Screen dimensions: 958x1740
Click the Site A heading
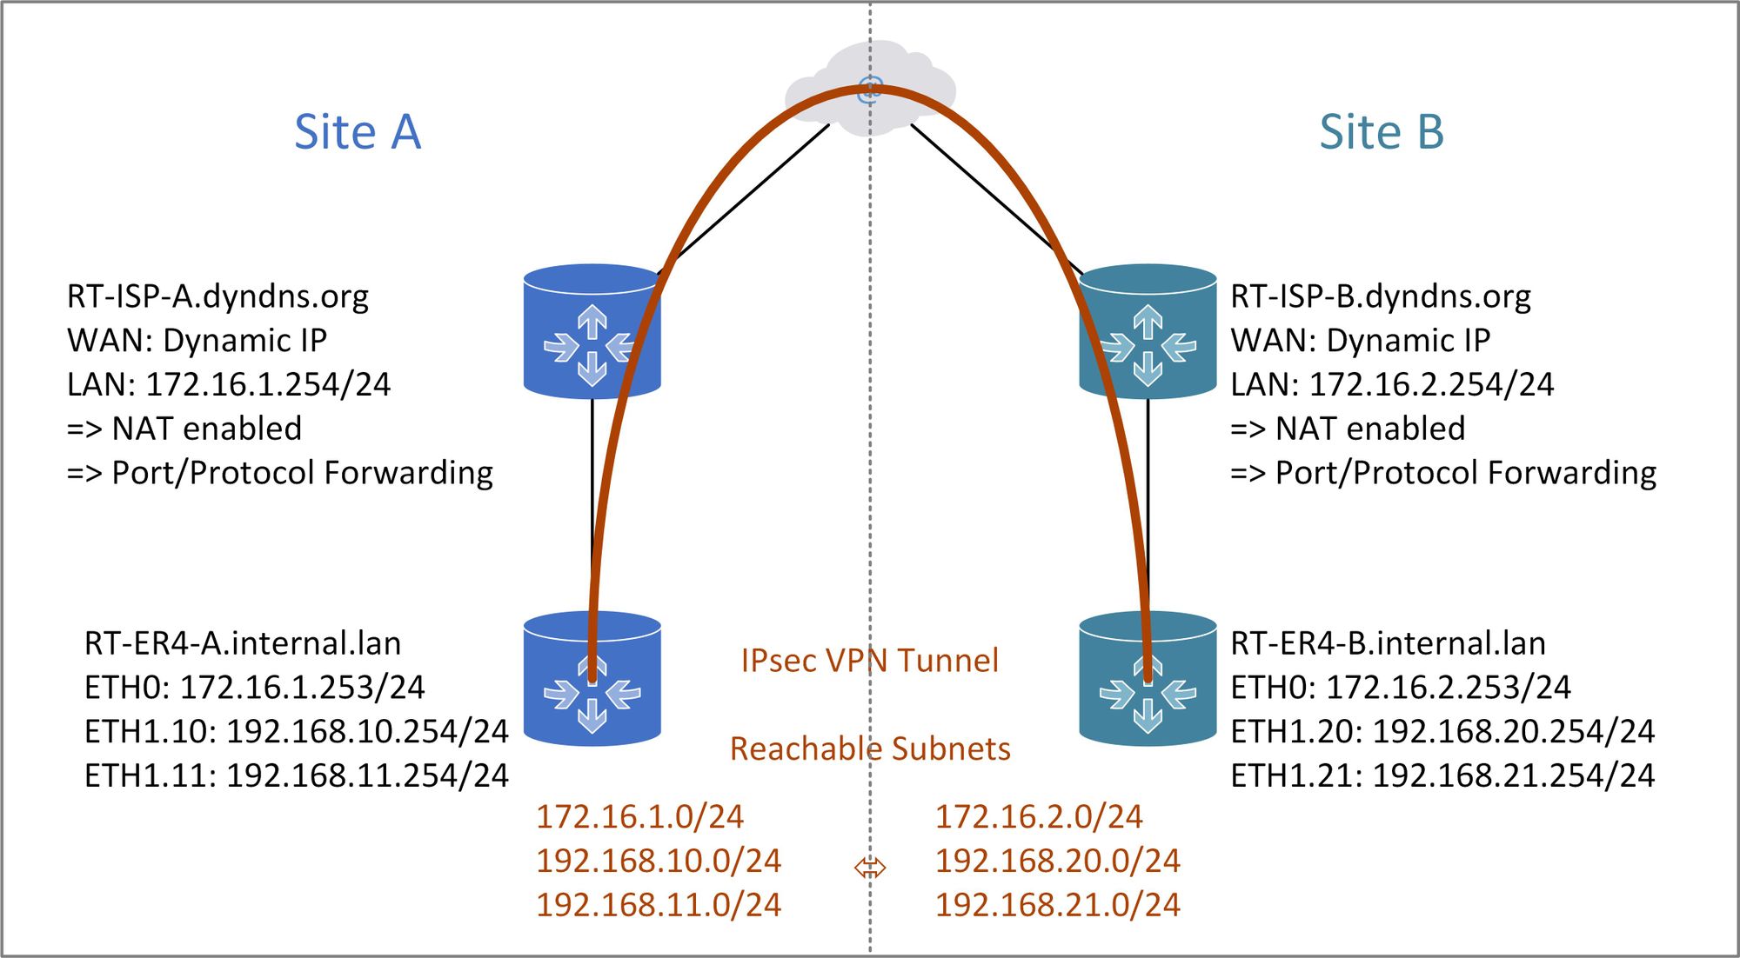pyautogui.click(x=358, y=132)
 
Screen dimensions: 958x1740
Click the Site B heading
pyautogui.click(x=1382, y=132)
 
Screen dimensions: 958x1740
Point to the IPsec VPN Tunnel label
pyautogui.click(x=869, y=661)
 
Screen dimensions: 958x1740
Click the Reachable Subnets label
pyautogui.click(x=869, y=748)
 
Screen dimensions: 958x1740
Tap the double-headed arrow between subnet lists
pyautogui.click(x=870, y=868)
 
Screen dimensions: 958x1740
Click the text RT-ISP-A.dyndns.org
pyautogui.click(x=217, y=296)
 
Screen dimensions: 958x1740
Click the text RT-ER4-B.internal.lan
pyautogui.click(x=1388, y=643)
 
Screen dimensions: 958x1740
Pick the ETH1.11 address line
pyautogui.click(x=296, y=775)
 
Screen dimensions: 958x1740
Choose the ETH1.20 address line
pyautogui.click(x=1442, y=732)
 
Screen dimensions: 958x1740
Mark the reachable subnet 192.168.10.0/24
pyautogui.click(x=659, y=861)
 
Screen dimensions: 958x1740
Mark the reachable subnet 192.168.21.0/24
pyautogui.click(x=1057, y=905)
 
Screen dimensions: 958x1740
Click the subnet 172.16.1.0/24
pyautogui.click(x=639, y=816)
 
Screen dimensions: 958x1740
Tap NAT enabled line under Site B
pyautogui.click(x=1348, y=429)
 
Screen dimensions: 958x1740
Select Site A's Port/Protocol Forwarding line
pyautogui.click(x=280, y=473)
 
